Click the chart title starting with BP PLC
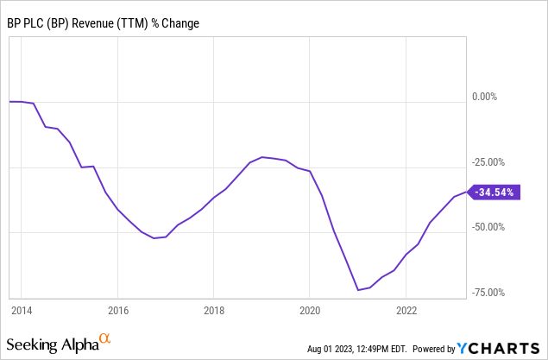[x=103, y=22]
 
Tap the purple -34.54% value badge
[x=493, y=193]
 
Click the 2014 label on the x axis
[x=22, y=310]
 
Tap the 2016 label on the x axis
[x=118, y=310]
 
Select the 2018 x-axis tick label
[x=214, y=310]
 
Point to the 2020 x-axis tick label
[x=311, y=310]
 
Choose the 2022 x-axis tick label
[x=406, y=310]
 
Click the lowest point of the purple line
[x=357, y=290]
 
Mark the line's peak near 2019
[x=262, y=157]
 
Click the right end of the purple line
[x=466, y=192]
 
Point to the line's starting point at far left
[x=9, y=101]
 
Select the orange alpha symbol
[x=105, y=338]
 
